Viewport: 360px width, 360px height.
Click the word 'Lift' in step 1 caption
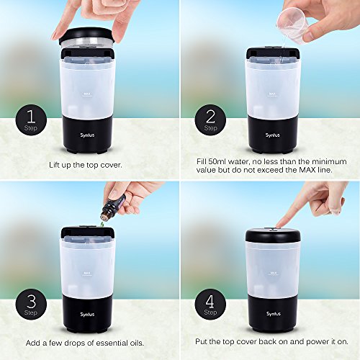(55, 163)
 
